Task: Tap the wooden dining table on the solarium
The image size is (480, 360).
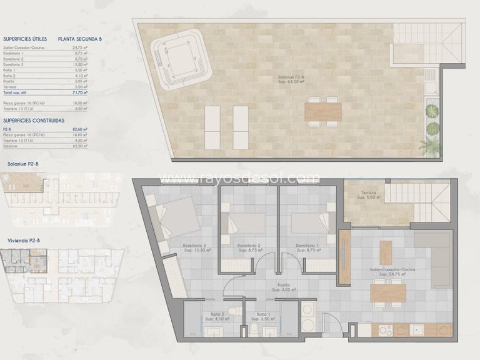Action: [x=323, y=111]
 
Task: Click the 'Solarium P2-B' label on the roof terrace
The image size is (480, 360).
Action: [x=291, y=79]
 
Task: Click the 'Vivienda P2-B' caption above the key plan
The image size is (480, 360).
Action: [x=22, y=239]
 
